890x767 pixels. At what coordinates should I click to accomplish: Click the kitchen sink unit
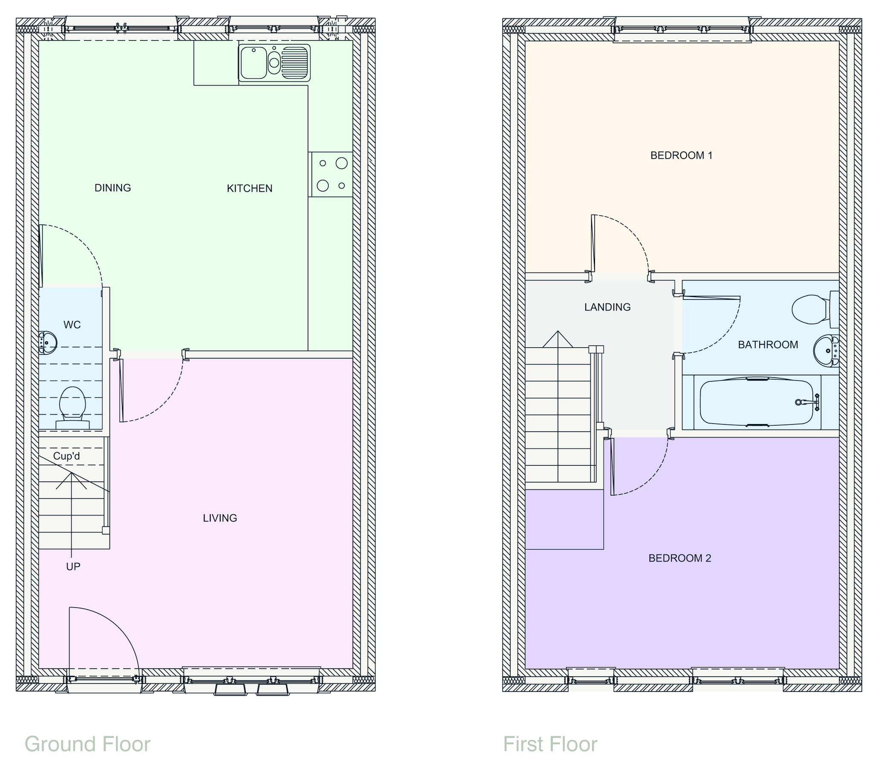point(274,63)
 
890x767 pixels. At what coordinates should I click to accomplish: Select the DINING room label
point(113,187)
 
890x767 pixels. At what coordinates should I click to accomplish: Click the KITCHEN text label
point(249,188)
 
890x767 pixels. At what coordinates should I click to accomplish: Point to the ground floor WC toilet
point(72,406)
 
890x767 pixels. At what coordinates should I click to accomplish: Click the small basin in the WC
point(48,343)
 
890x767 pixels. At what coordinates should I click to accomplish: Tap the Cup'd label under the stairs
point(66,456)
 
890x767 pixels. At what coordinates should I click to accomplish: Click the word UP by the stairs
point(73,566)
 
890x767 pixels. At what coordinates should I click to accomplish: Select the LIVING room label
point(220,518)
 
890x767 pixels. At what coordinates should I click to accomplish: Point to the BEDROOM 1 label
point(681,156)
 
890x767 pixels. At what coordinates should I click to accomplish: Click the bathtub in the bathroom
point(756,402)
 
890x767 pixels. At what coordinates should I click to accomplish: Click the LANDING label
point(607,307)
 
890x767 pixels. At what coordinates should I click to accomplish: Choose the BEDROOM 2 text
point(679,558)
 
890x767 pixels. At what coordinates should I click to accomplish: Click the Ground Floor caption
point(87,744)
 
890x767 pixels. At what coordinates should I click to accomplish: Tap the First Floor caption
point(550,744)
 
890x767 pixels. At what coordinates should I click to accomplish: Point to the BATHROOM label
point(768,344)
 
